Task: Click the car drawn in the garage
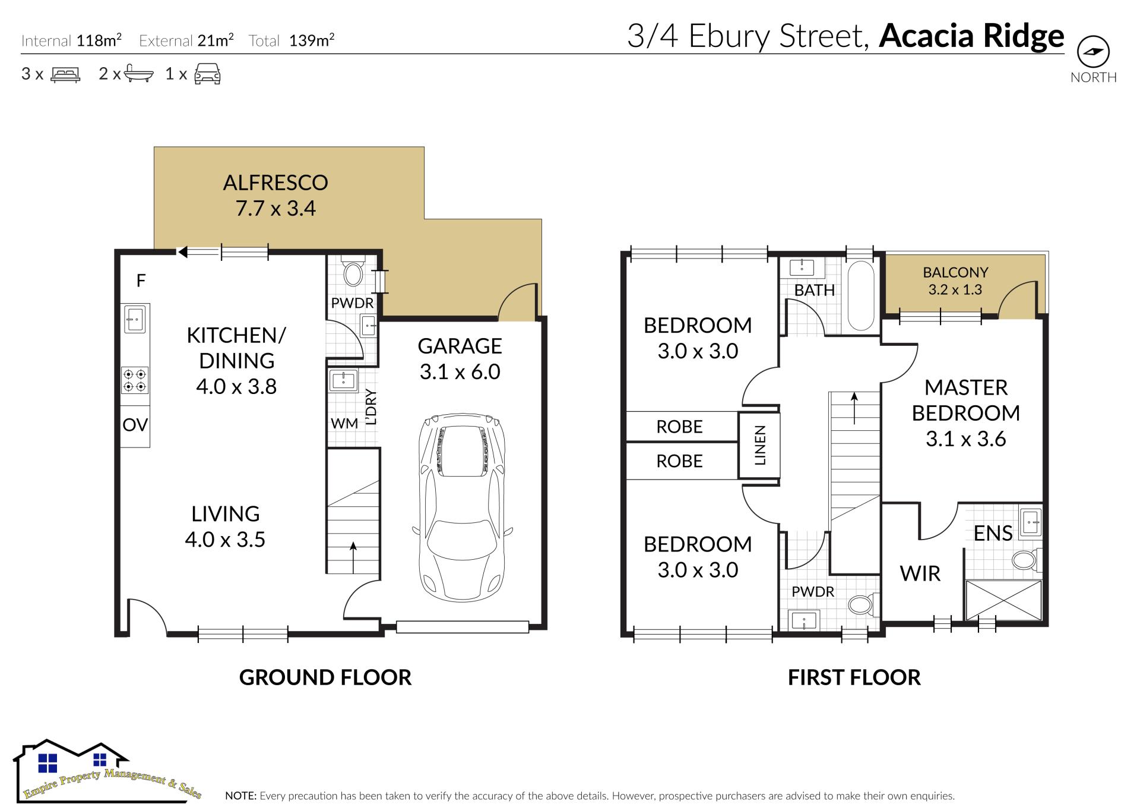click(462, 509)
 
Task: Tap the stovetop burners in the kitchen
click(135, 380)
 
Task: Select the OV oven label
click(135, 425)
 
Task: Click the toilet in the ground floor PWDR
click(353, 273)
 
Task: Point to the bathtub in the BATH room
click(860, 296)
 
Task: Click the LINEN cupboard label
click(760, 445)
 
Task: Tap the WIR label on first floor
click(920, 574)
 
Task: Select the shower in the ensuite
click(1003, 600)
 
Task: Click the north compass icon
click(1093, 52)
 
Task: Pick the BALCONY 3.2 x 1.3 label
click(955, 281)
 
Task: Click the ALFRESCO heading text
click(275, 182)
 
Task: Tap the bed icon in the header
click(65, 74)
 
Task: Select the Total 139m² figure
click(292, 40)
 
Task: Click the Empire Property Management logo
click(108, 770)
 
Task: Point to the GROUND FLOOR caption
click(325, 677)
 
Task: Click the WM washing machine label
click(344, 423)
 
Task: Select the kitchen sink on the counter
click(135, 319)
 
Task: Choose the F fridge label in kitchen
click(141, 280)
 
